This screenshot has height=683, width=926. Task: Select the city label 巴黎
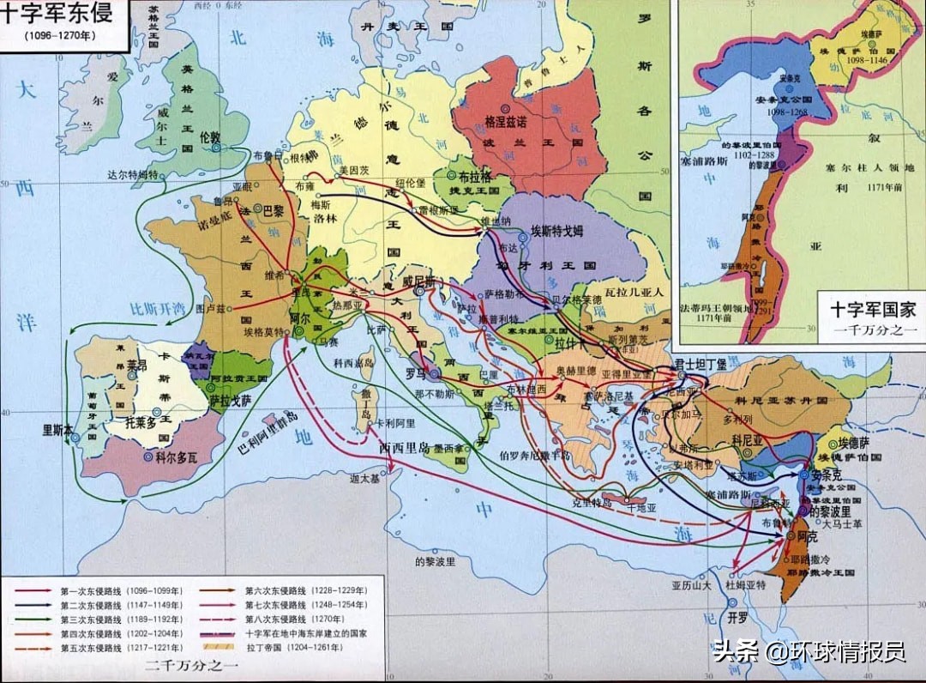click(273, 209)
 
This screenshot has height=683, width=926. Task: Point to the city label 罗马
click(415, 373)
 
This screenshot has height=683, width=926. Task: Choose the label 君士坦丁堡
click(700, 364)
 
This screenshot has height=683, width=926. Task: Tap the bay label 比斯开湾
click(156, 307)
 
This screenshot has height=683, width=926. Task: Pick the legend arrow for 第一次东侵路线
click(31, 591)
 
